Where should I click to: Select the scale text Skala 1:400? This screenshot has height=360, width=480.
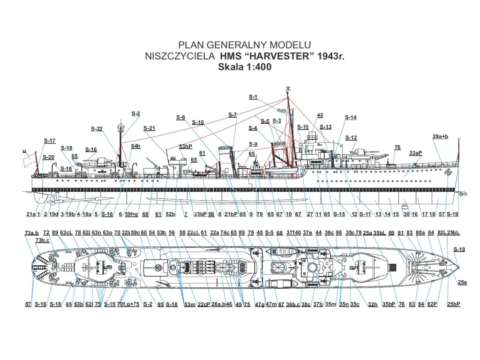[x=245, y=67]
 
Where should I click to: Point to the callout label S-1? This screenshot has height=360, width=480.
[x=253, y=97]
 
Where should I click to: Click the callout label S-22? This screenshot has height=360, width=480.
[x=97, y=129]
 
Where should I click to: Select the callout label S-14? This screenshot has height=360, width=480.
[x=351, y=117]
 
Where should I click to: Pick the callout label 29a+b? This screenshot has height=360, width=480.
[x=440, y=136]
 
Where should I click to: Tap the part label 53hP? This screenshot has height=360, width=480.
[x=186, y=147]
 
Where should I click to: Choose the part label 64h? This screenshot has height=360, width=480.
[x=135, y=146]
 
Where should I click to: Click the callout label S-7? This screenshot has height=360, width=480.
[x=232, y=115]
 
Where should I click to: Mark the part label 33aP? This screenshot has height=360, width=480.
[x=415, y=153]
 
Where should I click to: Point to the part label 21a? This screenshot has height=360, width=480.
[x=31, y=214]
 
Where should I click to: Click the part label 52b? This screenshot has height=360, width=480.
[x=171, y=214]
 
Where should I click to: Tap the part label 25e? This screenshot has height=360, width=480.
[x=463, y=282]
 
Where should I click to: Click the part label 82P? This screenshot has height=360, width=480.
[x=432, y=304]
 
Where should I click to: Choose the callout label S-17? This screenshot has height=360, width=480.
[x=50, y=141]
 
